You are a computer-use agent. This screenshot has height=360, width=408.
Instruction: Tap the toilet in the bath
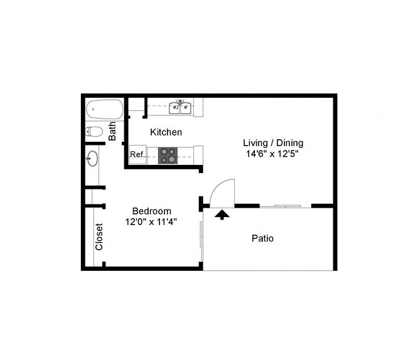(x=95, y=132)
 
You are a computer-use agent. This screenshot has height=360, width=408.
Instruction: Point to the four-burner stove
(x=168, y=155)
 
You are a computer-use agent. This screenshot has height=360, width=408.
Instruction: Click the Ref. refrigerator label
(x=137, y=154)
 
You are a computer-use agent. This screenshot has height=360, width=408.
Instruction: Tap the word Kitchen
(x=166, y=132)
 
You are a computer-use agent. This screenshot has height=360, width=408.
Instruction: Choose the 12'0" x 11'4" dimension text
(x=151, y=221)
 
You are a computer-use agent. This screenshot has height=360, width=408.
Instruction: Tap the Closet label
(x=99, y=237)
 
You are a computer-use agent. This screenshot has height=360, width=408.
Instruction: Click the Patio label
(x=262, y=238)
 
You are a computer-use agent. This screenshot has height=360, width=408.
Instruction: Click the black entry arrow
(x=221, y=214)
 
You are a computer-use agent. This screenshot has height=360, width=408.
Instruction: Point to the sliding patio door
(x=286, y=206)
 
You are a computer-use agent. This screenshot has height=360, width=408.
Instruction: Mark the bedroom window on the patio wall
(x=201, y=235)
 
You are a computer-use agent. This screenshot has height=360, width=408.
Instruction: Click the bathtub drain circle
(x=92, y=110)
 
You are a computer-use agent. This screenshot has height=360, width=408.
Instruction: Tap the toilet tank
(x=88, y=132)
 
